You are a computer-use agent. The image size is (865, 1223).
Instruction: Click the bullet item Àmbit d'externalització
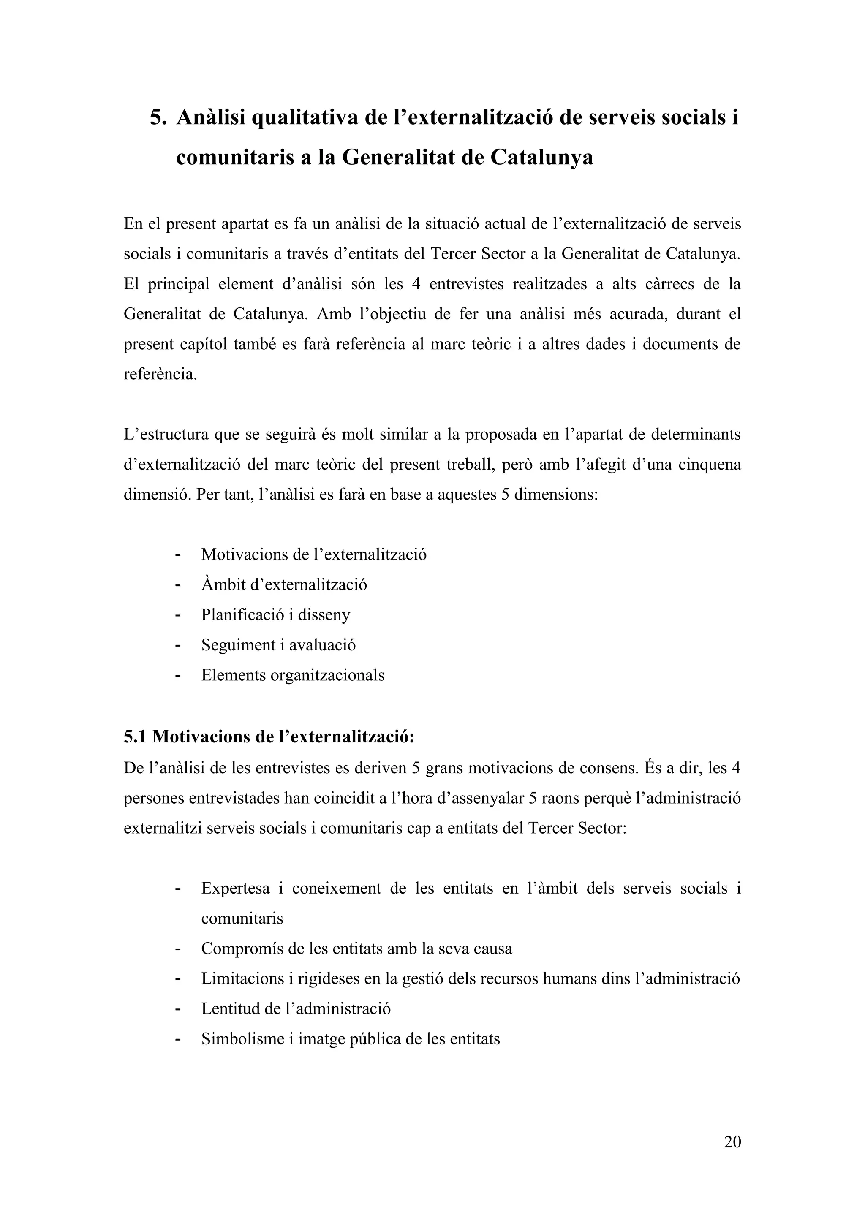[284, 585]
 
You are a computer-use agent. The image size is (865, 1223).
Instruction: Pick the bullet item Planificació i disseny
[275, 615]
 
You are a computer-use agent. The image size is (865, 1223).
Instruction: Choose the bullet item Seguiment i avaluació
[278, 645]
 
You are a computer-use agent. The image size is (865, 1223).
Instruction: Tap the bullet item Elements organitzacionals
[292, 675]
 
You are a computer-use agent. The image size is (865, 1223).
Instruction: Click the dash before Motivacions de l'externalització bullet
[177, 555]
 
